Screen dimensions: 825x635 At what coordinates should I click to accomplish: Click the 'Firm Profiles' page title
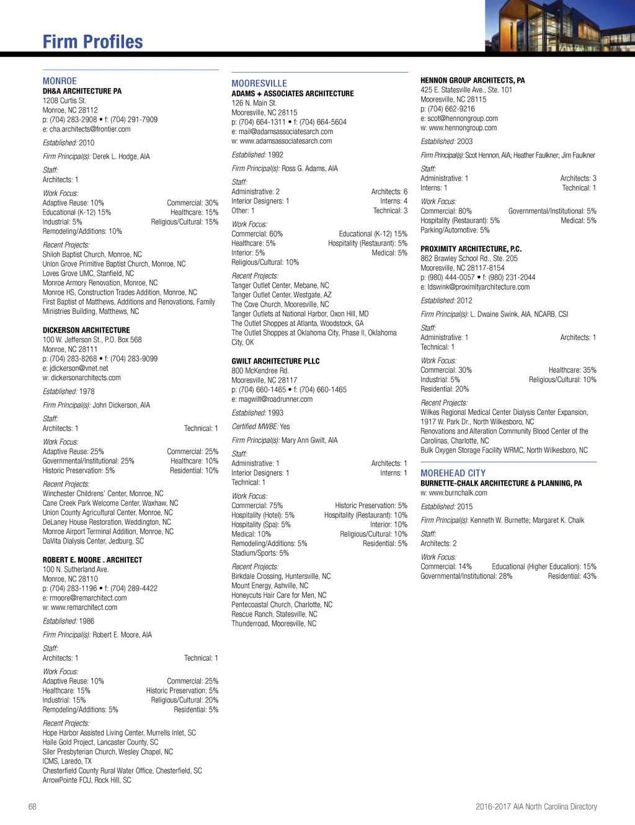pyautogui.click(x=92, y=42)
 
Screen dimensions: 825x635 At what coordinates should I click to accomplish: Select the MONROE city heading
pyautogui.click(x=60, y=81)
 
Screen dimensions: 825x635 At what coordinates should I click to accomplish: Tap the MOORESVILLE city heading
pyautogui.click(x=259, y=84)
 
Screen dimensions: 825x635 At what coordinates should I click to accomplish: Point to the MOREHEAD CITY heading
pyautogui.click(x=453, y=473)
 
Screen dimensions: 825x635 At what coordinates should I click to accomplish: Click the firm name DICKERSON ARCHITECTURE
pyautogui.click(x=86, y=331)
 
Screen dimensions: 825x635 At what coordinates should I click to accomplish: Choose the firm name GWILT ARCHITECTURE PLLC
pyautogui.click(x=275, y=361)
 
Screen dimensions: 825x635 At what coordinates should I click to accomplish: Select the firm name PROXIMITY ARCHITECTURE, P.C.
pyautogui.click(x=471, y=249)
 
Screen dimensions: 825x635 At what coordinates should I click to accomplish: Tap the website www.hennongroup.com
pyautogui.click(x=463, y=128)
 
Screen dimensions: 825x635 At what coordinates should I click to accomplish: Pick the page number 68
pyautogui.click(x=32, y=807)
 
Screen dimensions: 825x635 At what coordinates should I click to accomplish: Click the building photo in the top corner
pyautogui.click(x=559, y=26)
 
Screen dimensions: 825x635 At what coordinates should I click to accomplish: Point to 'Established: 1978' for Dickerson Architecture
pyautogui.click(x=68, y=391)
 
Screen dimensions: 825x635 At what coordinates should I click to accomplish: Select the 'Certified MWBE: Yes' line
pyautogui.click(x=260, y=427)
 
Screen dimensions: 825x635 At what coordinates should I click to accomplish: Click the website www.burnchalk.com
pyautogui.click(x=458, y=493)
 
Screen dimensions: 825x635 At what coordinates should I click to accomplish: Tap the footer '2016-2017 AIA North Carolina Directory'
pyautogui.click(x=536, y=807)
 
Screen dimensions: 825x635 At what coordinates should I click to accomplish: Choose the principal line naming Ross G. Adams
pyautogui.click(x=285, y=169)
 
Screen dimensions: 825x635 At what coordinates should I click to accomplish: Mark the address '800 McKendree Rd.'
pyautogui.click(x=260, y=371)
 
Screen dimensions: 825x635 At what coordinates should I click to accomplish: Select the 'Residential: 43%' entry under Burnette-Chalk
pyautogui.click(x=572, y=576)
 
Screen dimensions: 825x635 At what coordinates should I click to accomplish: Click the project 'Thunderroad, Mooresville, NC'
pyautogui.click(x=273, y=624)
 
